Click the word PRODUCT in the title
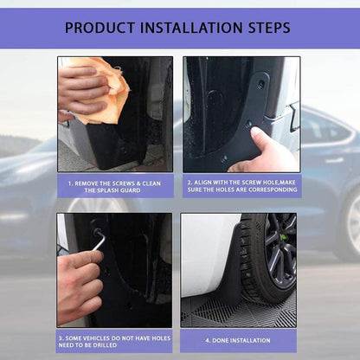101,29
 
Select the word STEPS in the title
265,29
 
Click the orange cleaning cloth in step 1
108,87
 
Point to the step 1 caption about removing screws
115,186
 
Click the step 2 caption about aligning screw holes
240,186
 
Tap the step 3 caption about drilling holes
115,340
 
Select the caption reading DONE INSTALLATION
238,340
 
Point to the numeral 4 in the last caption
208,340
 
